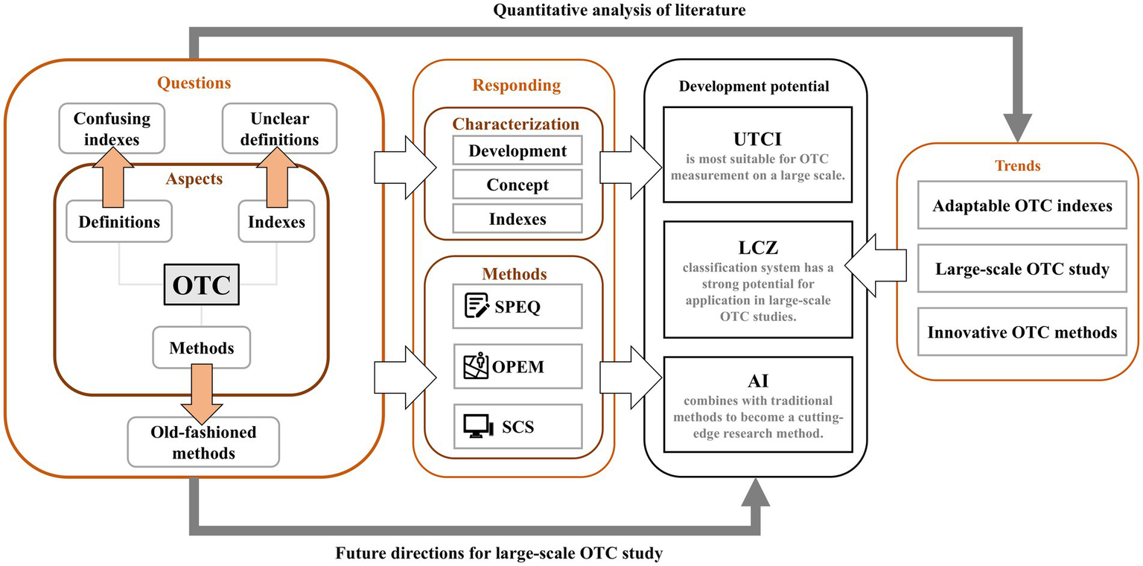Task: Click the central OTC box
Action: click(201, 286)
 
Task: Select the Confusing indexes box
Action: click(112, 128)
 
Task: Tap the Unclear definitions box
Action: click(279, 128)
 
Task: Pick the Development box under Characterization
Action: click(517, 151)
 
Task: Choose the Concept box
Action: click(517, 185)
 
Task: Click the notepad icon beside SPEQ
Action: click(477, 306)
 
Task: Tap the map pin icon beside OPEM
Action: click(477, 366)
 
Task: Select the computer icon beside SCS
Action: click(477, 426)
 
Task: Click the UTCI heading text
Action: click(755, 142)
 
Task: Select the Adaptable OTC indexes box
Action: click(1022, 204)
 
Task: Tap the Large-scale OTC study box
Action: click(1022, 268)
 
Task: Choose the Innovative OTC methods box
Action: click(1022, 332)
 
